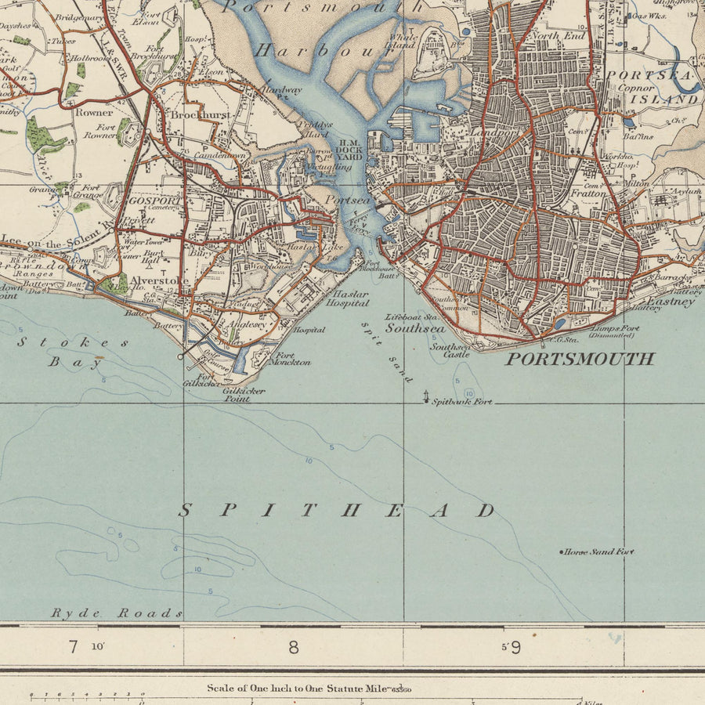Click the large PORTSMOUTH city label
[579, 360]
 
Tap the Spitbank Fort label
[462, 402]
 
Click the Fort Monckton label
[290, 359]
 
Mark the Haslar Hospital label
[347, 298]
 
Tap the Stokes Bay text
[74, 352]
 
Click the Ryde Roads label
[117, 613]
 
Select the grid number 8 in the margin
[294, 647]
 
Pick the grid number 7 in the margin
[73, 647]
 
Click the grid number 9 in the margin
[515, 648]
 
